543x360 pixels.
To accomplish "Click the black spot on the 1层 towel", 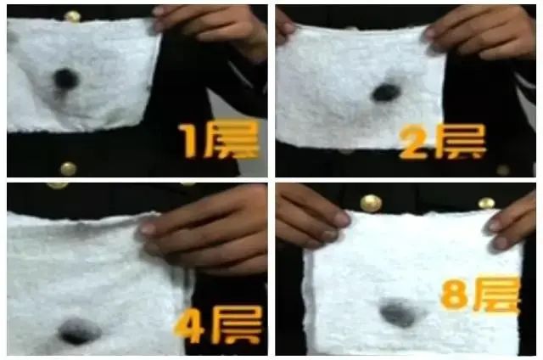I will pos(64,79).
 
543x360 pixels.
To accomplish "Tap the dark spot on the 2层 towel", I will pos(386,92).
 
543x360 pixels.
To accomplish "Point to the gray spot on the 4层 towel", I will pos(79,330).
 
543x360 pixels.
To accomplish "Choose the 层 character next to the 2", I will pos(459,142).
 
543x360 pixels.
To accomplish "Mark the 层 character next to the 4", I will pos(232,325).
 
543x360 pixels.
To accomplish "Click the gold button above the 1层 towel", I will pos(72,15).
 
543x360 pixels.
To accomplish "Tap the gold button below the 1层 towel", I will pos(68,168).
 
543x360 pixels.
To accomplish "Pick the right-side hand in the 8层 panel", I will pos(512,224).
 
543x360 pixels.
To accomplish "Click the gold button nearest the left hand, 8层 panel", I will pos(370,203).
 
